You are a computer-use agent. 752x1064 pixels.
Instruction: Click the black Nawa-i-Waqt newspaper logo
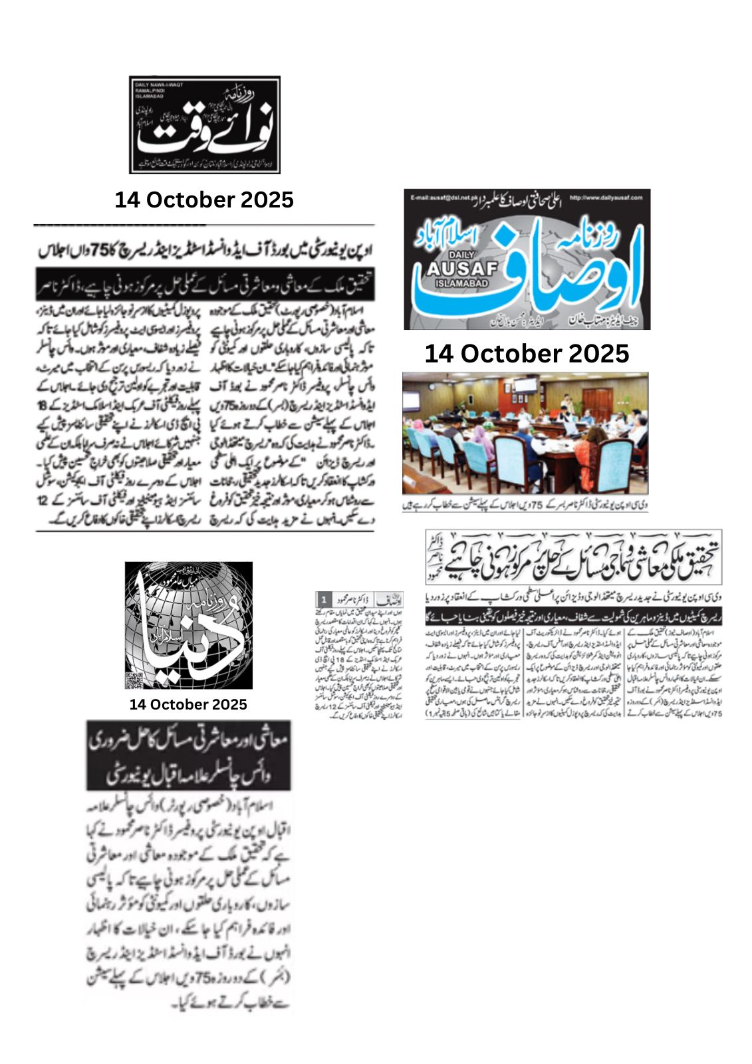coord(204,125)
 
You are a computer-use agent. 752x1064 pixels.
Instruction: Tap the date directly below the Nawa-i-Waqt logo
coord(204,199)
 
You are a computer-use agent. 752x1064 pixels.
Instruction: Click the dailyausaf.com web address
coord(606,198)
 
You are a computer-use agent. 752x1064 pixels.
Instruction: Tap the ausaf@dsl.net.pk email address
coord(440,198)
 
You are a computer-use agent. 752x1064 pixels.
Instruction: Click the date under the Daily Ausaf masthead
coord(527,353)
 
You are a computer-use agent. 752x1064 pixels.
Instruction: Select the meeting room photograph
coord(525,434)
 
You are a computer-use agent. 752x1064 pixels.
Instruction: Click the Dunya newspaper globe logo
coord(189,625)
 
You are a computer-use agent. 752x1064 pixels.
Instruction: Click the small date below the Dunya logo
coord(188,704)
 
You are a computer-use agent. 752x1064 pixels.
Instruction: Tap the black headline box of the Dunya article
coord(189,755)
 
